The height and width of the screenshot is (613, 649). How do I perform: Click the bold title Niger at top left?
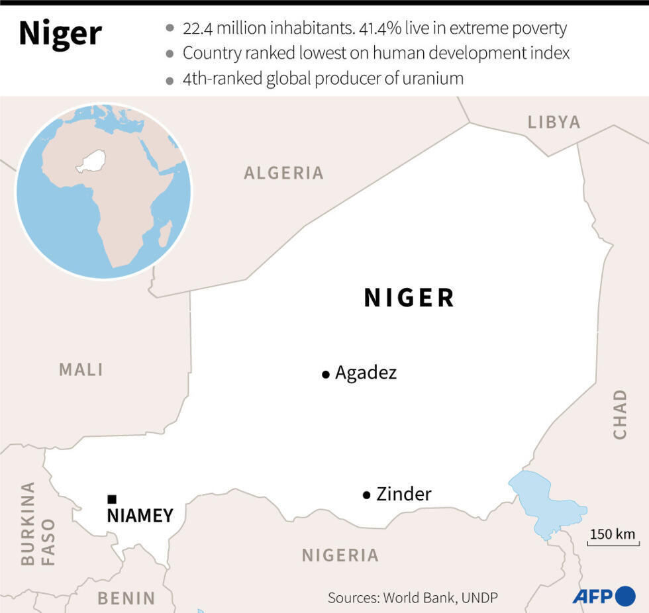60,34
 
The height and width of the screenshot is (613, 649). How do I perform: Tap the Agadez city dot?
325,375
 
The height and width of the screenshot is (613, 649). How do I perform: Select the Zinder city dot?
366,495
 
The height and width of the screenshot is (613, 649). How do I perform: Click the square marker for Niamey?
112,499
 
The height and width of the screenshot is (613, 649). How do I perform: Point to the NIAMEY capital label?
140,516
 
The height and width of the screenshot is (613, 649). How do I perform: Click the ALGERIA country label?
283,173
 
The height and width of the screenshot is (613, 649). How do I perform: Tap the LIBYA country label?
554,122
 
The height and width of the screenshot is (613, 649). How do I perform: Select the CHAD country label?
620,414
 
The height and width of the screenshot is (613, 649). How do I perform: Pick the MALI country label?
81,369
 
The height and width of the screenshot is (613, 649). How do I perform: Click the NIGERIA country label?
340,555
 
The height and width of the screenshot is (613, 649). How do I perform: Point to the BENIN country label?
126,598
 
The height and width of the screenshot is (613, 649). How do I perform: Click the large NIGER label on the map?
409,298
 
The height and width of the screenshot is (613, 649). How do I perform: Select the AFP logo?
603,596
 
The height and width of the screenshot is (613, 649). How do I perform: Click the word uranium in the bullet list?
432,79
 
